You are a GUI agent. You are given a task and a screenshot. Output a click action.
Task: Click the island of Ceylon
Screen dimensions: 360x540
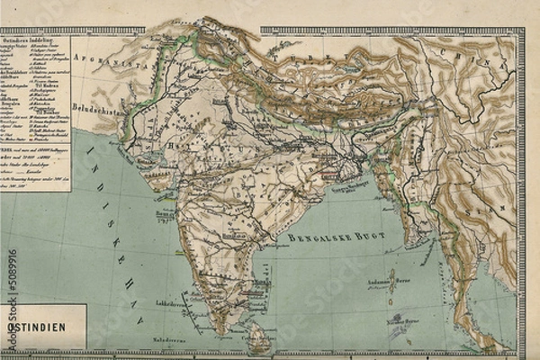pyautogui.click(x=257, y=337)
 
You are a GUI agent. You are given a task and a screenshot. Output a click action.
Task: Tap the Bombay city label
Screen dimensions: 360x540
pyautogui.click(x=163, y=215)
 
